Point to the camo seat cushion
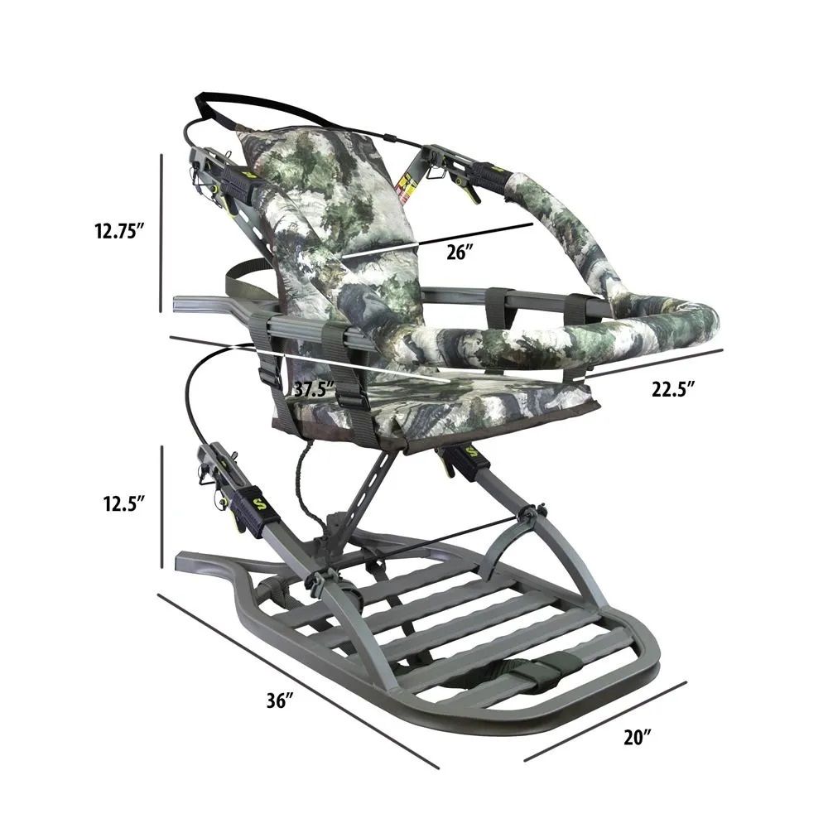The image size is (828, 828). [464, 406]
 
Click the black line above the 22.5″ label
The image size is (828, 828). [654, 364]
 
